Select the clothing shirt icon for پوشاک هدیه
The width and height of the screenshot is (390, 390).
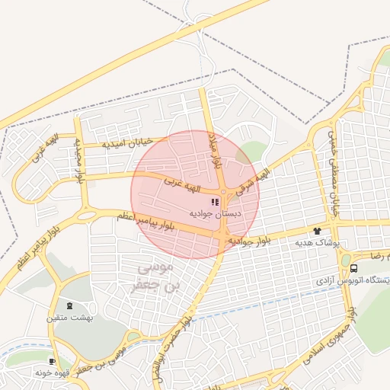click(x=317, y=230)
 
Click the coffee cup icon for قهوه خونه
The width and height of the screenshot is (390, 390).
click(x=52, y=362)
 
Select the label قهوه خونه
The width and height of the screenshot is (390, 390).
click(x=53, y=374)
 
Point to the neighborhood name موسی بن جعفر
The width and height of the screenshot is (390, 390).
click(x=156, y=277)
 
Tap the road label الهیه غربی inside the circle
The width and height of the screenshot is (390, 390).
click(x=185, y=184)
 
